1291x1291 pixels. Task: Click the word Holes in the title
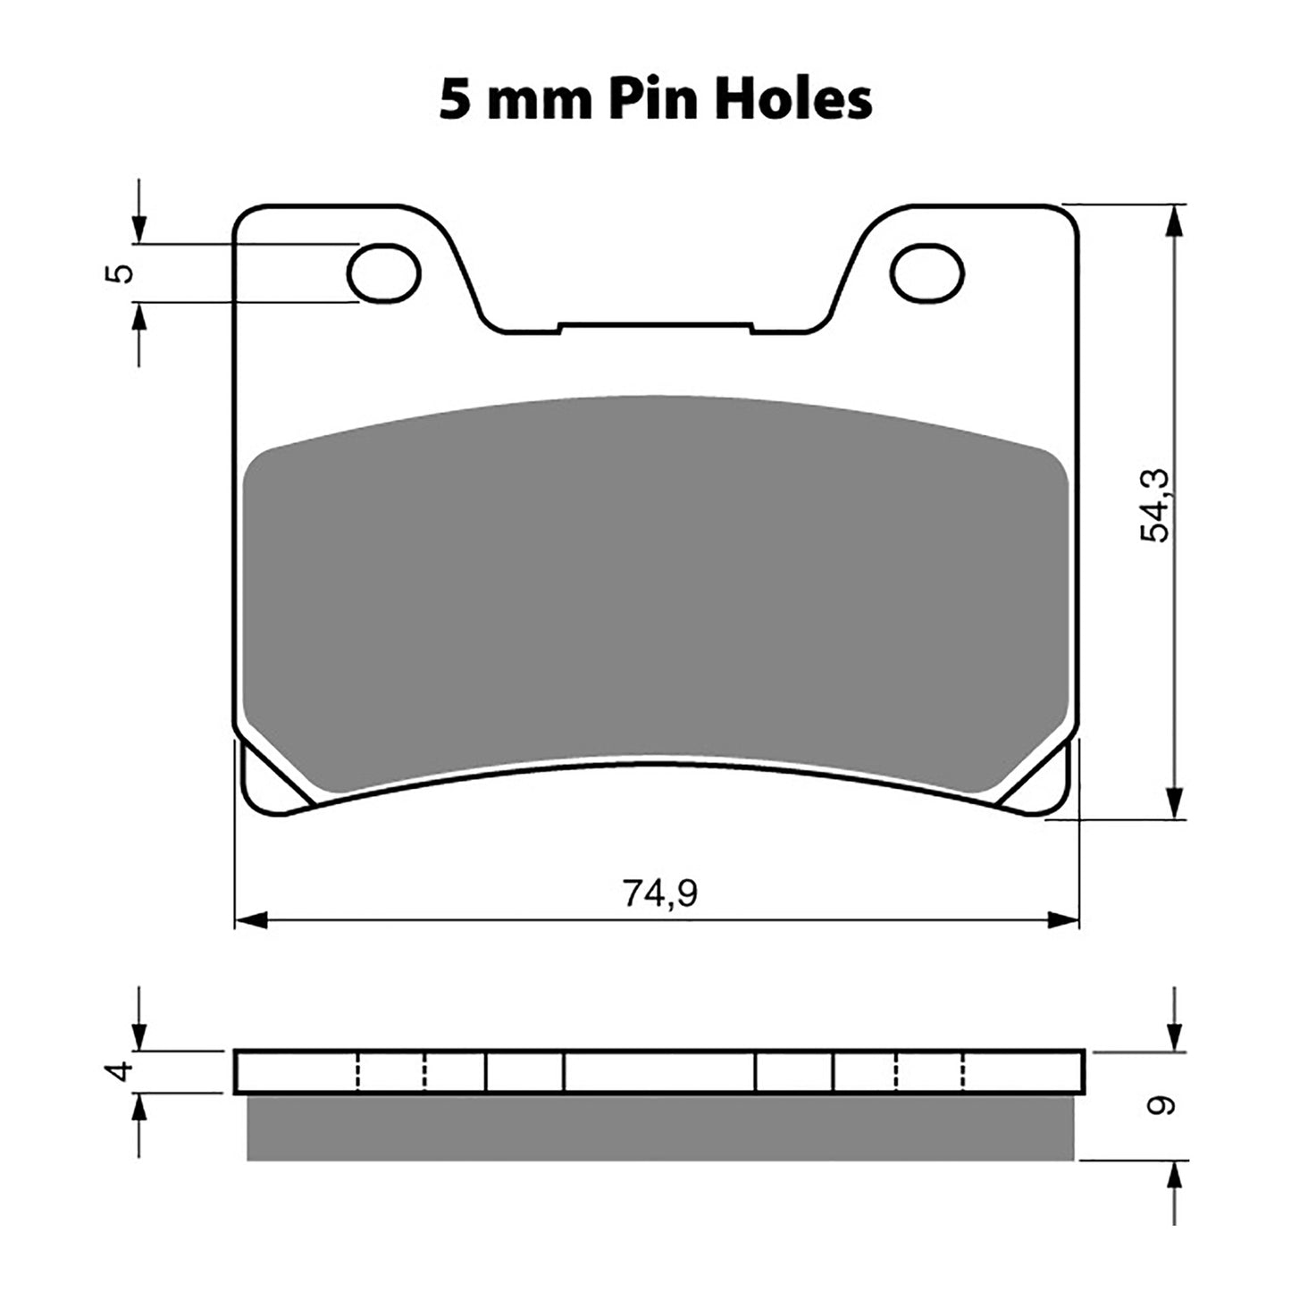point(793,99)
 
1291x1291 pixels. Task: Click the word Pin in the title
point(654,99)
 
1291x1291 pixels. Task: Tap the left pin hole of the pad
point(383,272)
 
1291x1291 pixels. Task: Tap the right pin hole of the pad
point(928,272)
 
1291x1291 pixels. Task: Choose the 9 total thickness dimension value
point(1161,1106)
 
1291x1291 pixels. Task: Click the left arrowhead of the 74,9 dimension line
point(250,919)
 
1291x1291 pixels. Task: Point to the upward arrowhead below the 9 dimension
point(1178,1178)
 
